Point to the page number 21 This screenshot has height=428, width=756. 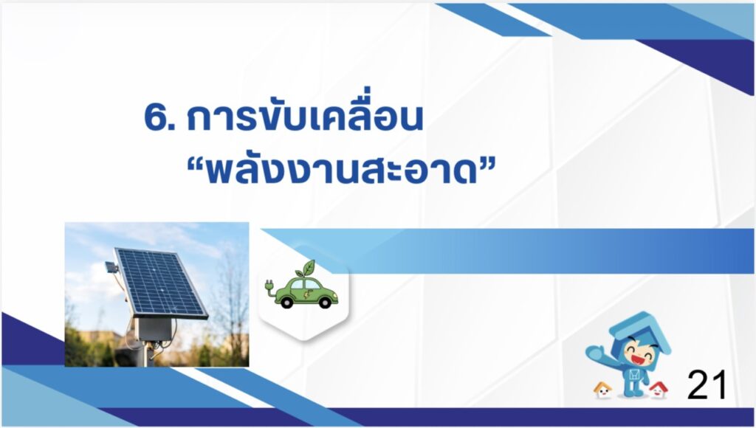click(x=707, y=385)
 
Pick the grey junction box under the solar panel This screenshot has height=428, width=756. click(x=154, y=329)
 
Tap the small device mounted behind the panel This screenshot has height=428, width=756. click(x=111, y=267)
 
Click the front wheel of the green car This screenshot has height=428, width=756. click(x=325, y=302)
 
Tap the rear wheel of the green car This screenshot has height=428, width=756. click(x=287, y=302)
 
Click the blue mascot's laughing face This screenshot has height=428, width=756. click(x=638, y=355)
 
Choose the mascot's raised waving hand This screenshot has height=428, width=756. click(x=595, y=352)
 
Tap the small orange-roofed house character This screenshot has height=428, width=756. click(x=602, y=390)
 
